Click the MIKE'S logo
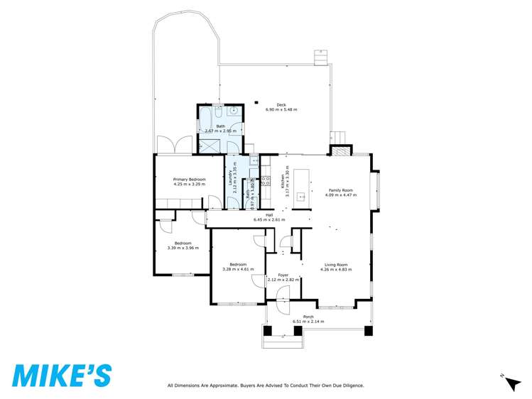62,375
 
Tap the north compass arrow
511,383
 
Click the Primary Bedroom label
189,180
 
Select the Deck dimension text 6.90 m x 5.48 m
281,110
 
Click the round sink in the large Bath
234,111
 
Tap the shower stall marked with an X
210,145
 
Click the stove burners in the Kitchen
265,181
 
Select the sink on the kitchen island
301,197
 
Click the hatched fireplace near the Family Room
342,150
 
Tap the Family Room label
340,190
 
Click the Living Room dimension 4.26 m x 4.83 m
336,270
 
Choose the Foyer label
283,275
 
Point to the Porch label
308,317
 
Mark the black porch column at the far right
368,330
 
